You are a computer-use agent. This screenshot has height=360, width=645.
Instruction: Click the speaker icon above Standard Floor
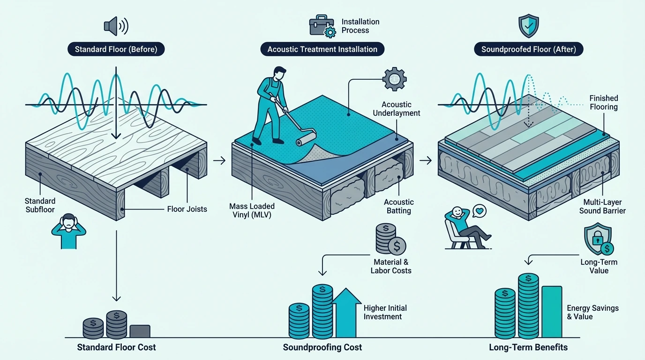click(116, 26)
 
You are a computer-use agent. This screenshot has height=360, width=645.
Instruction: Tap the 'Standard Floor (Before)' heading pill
click(116, 49)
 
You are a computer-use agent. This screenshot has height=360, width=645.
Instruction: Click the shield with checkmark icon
click(528, 26)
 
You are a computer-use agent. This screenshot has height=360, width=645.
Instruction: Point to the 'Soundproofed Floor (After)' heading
click(529, 49)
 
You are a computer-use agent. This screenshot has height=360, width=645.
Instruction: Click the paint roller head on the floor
click(306, 139)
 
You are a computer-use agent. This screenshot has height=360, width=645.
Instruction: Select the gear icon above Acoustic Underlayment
click(394, 79)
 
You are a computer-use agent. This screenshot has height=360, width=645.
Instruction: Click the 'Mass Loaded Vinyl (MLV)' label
click(252, 210)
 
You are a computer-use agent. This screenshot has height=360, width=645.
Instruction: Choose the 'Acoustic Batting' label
click(399, 206)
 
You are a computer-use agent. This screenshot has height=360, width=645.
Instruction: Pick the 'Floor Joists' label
click(187, 209)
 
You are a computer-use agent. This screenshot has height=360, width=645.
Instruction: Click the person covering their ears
click(69, 231)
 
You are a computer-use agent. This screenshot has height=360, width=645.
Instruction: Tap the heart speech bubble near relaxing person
click(480, 211)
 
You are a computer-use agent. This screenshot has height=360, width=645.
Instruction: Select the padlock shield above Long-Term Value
click(598, 239)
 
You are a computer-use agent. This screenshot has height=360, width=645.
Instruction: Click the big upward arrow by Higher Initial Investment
click(346, 313)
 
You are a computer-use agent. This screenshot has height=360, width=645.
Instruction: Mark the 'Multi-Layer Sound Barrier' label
click(602, 207)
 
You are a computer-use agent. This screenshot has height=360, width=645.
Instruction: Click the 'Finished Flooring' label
click(604, 103)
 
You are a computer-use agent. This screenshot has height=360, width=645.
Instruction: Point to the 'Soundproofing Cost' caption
click(322, 347)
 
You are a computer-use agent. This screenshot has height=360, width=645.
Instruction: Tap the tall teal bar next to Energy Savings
click(552, 312)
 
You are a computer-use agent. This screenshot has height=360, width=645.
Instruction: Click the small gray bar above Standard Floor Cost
click(140, 331)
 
